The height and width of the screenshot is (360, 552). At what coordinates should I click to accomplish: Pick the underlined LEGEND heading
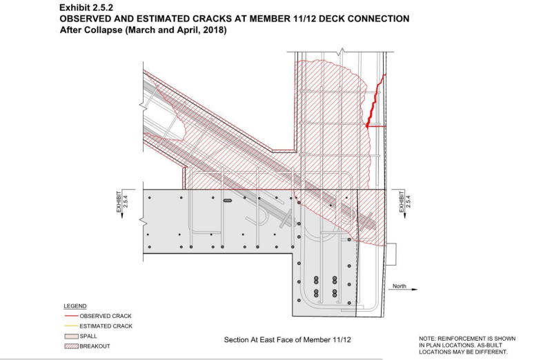coord(75,306)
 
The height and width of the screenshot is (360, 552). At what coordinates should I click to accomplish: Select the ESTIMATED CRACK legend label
coord(106,326)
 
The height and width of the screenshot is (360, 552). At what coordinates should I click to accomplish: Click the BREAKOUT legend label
coord(95,346)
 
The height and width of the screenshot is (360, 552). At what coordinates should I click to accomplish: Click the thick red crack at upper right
coord(374,103)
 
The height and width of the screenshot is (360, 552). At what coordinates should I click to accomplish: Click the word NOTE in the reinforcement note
coord(428,338)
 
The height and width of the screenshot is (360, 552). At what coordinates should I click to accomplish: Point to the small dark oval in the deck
coord(228,201)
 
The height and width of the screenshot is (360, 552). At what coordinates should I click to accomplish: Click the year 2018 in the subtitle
coord(213,30)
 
